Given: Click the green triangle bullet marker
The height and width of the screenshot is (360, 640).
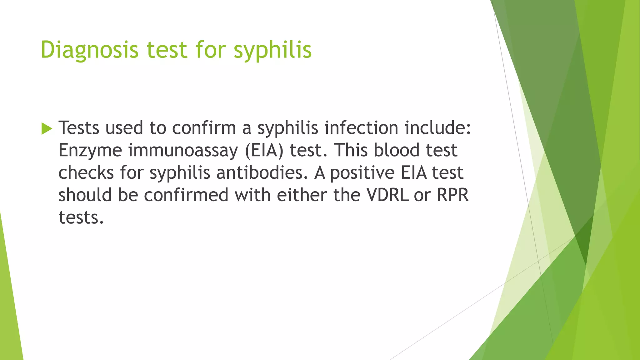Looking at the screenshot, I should pos(47,128).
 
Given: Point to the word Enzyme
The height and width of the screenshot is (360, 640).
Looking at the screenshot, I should pos(90,150).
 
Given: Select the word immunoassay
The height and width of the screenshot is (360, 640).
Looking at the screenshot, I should pos(183,150).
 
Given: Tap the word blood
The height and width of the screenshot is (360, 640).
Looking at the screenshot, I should pos(397,150).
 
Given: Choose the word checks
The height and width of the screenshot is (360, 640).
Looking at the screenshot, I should pos(86,173).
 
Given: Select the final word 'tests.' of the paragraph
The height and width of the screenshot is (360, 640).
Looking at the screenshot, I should pos(81,218).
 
